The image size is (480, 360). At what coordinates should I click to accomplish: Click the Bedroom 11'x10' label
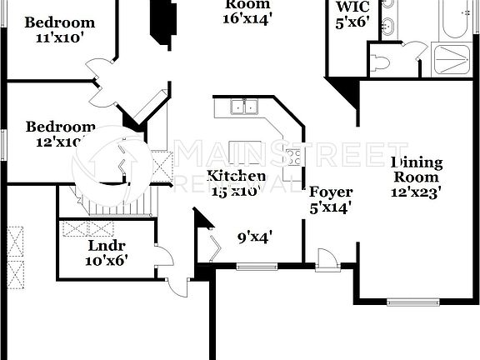59,30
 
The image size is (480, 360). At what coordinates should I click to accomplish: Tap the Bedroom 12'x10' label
60,134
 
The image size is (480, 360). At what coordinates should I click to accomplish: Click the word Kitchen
237,176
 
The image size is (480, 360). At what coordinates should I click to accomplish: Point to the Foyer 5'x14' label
331,200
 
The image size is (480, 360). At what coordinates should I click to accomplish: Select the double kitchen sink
242,107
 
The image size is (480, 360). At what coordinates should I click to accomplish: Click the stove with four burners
293,157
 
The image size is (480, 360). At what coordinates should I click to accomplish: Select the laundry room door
165,261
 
